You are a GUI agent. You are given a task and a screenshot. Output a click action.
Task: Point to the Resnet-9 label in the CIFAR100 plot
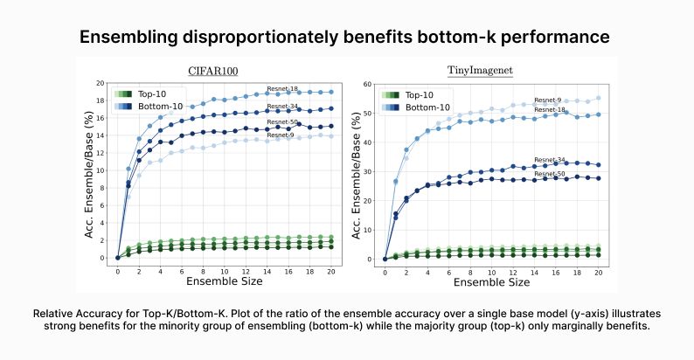pyautogui.click(x=280, y=135)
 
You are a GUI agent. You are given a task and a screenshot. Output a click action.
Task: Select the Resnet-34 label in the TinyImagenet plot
pyautogui.click(x=547, y=160)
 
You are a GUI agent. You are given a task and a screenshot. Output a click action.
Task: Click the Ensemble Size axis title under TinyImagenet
pyautogui.click(x=492, y=282)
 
